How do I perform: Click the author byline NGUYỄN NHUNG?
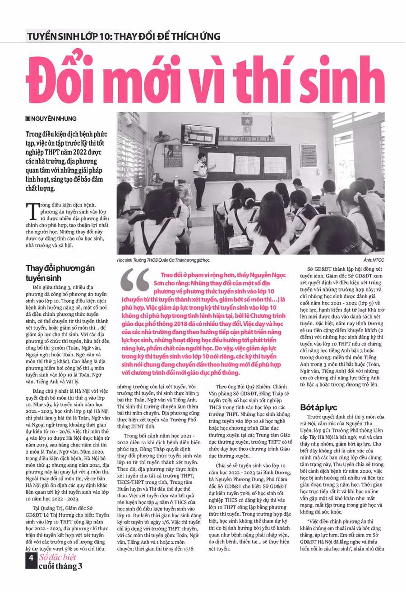click(x=54, y=119)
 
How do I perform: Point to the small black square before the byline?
click(x=28, y=119)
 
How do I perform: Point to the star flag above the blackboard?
click(x=247, y=121)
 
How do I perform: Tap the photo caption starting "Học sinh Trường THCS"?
click(x=163, y=260)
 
